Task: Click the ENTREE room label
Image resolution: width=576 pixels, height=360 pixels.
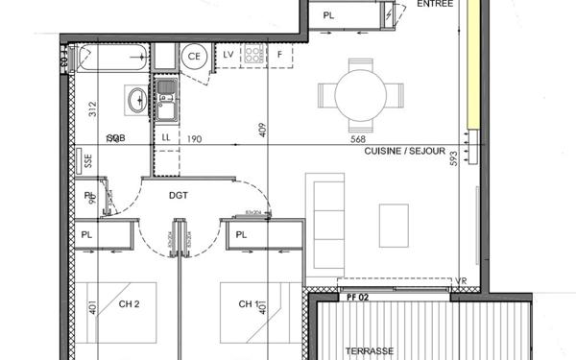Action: (x=438, y=5)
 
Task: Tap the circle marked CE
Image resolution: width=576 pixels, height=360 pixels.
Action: (x=195, y=56)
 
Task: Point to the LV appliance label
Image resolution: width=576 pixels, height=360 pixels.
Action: (x=229, y=54)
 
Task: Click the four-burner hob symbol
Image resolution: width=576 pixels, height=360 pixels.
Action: (x=254, y=55)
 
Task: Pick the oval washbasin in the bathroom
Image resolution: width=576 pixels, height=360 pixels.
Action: (x=135, y=98)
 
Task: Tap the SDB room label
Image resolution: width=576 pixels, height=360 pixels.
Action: (x=115, y=139)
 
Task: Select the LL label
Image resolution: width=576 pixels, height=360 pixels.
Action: (x=166, y=139)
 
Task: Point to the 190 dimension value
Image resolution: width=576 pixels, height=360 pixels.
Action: (x=194, y=139)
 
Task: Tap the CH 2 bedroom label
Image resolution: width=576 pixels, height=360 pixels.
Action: (x=131, y=305)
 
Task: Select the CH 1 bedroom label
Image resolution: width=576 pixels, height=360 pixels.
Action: (x=251, y=305)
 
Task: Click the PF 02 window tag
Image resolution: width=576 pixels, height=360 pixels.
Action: (x=357, y=299)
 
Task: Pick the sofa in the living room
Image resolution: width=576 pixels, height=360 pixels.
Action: (x=326, y=220)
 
